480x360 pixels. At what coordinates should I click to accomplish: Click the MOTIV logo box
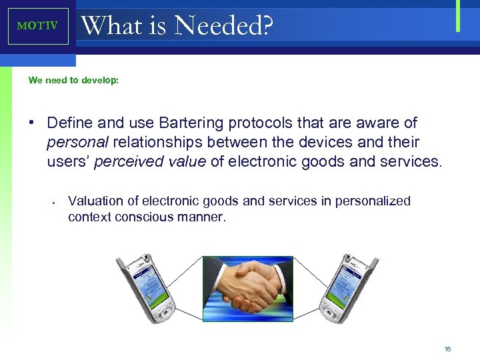(38, 26)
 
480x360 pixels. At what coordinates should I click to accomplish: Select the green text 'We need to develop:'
(73, 80)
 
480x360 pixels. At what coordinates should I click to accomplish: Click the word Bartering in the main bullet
(191, 123)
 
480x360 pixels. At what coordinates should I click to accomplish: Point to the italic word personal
(79, 142)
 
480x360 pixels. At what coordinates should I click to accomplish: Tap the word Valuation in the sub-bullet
(96, 201)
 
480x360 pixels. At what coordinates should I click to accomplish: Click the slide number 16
(448, 348)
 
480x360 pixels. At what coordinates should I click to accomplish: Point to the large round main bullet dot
(31, 123)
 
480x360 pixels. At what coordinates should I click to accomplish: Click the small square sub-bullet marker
(52, 202)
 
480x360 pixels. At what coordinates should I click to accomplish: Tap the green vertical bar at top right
(458, 16)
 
